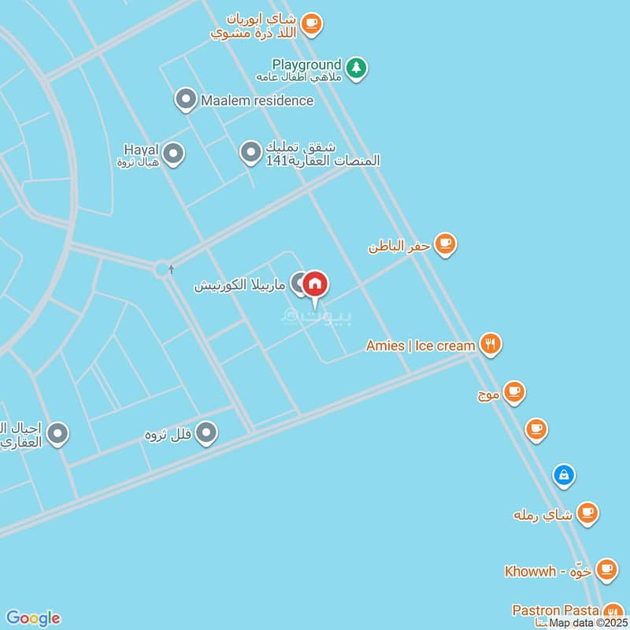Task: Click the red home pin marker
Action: click(315, 285)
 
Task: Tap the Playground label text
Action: click(306, 65)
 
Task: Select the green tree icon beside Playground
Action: click(357, 69)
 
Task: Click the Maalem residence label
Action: click(257, 101)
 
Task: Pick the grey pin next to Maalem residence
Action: click(185, 100)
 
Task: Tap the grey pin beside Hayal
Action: click(173, 154)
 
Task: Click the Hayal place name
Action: click(142, 149)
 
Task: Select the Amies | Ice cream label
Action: click(421, 346)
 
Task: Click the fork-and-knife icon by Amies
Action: click(491, 344)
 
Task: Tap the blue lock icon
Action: click(564, 475)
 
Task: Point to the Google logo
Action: click(32, 618)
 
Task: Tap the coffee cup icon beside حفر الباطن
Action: click(446, 244)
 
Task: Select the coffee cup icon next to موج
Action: click(513, 391)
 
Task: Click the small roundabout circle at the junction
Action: click(163, 269)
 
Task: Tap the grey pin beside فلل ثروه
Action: click(206, 432)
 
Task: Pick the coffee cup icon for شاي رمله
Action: click(587, 513)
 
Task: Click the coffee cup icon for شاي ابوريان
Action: click(312, 24)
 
